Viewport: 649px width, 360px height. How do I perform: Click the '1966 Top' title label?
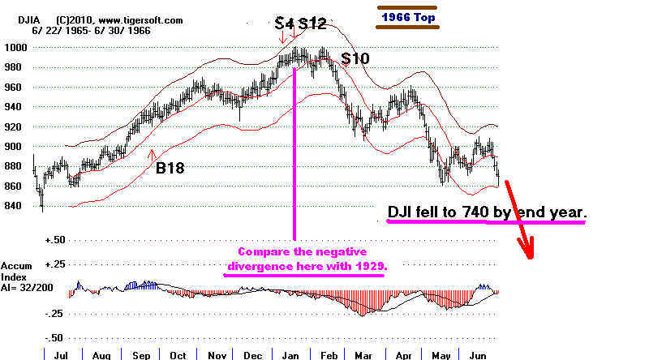pos(409,15)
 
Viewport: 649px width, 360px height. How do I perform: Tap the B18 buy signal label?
pos(170,169)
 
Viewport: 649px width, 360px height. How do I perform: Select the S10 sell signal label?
pos(355,58)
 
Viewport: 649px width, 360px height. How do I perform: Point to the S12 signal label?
pos(312,24)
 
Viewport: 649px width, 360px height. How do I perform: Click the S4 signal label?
pos(283,24)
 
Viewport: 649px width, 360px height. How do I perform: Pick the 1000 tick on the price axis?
pos(16,47)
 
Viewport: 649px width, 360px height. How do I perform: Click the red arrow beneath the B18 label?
pos(153,153)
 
